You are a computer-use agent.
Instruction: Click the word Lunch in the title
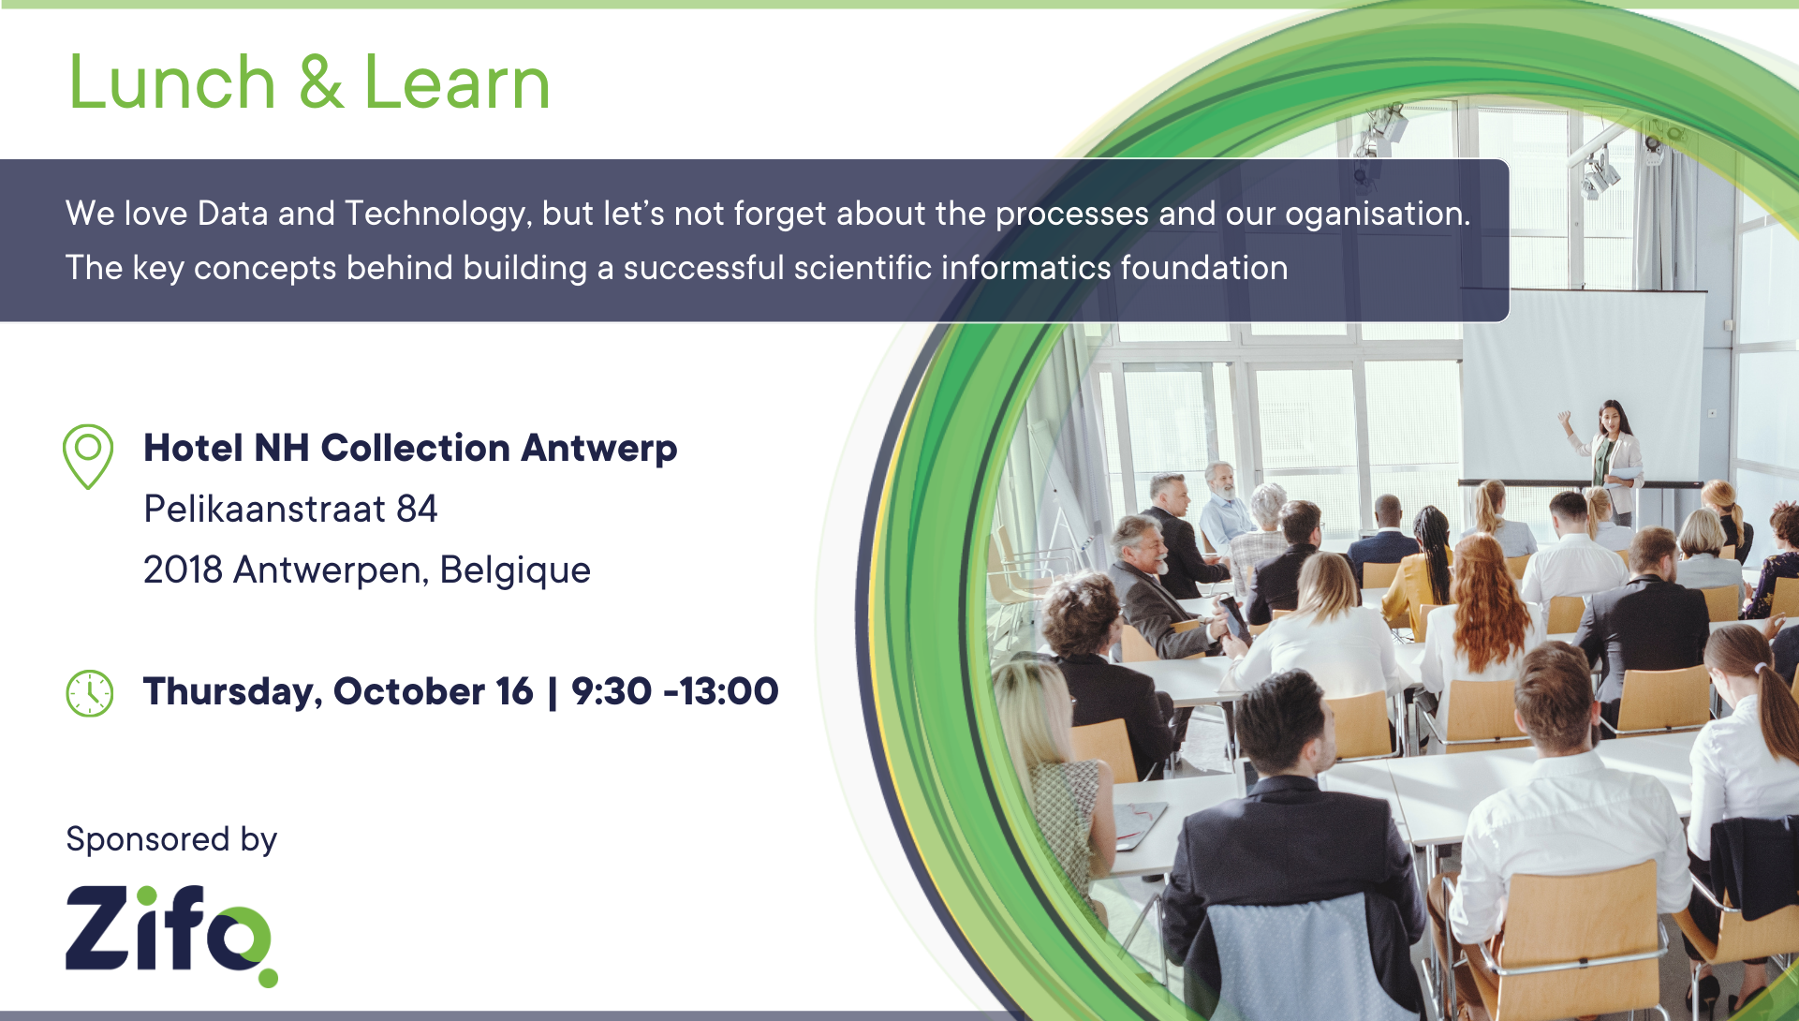click(x=172, y=82)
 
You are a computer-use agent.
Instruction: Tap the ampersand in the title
click(x=320, y=82)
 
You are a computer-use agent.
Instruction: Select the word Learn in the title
click(x=457, y=82)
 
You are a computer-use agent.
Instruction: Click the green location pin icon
click(x=88, y=456)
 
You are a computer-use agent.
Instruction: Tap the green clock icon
click(x=90, y=693)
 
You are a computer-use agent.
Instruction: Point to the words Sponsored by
click(x=171, y=839)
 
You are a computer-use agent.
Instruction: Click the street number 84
click(x=417, y=510)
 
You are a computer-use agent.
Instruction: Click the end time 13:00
click(x=730, y=691)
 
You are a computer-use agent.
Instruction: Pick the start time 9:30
click(x=612, y=691)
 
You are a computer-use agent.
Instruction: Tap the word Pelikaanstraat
click(x=265, y=510)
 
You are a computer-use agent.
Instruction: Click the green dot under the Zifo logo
click(x=268, y=978)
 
